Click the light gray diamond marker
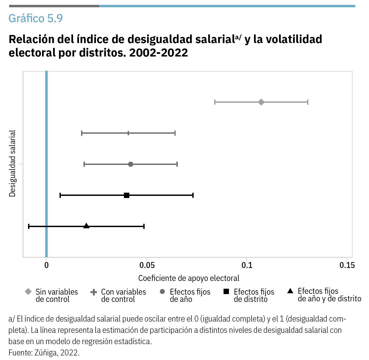pos(261,102)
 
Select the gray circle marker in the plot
pos(131,164)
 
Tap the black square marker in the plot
pos(127,195)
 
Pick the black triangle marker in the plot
pos(86,226)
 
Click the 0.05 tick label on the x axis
pos(147,265)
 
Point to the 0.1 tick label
pos(247,265)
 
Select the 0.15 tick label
pos(347,265)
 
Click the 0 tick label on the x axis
pos(46,265)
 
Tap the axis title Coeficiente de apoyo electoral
pos(189,278)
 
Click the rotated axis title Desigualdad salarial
pos(12,164)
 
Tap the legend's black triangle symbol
pos(290,291)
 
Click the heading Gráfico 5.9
pos(36,18)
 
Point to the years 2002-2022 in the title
pos(158,52)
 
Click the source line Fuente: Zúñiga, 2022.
pos(44,352)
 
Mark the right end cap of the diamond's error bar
pos(308,102)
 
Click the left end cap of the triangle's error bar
pos(29,226)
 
